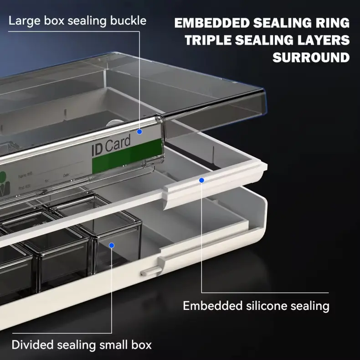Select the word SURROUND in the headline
point(311,58)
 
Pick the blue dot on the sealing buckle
point(139,132)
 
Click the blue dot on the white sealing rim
point(201,180)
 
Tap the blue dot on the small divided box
point(111,245)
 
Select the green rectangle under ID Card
point(127,156)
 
